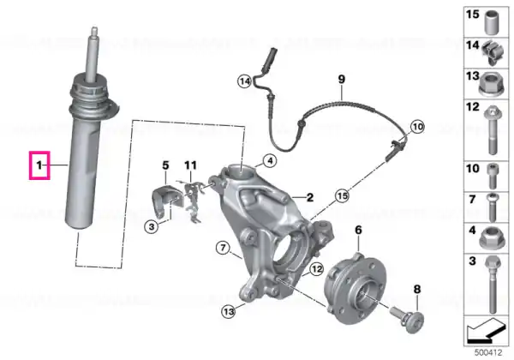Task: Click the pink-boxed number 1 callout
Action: (39, 165)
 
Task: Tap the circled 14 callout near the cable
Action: (245, 81)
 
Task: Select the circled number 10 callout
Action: (418, 127)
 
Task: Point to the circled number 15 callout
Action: (342, 196)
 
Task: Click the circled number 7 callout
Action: (223, 247)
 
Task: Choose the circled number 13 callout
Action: (229, 311)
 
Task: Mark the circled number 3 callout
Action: (152, 226)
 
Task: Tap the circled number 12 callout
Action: (317, 269)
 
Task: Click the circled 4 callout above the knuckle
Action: (270, 161)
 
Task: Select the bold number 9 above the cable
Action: (342, 79)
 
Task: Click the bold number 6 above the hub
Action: (358, 231)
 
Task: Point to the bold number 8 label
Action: (417, 289)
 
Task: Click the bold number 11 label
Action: (191, 165)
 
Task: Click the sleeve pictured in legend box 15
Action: (492, 23)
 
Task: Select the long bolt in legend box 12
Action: (491, 130)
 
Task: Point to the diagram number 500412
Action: (488, 353)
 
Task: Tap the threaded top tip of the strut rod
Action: (94, 29)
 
